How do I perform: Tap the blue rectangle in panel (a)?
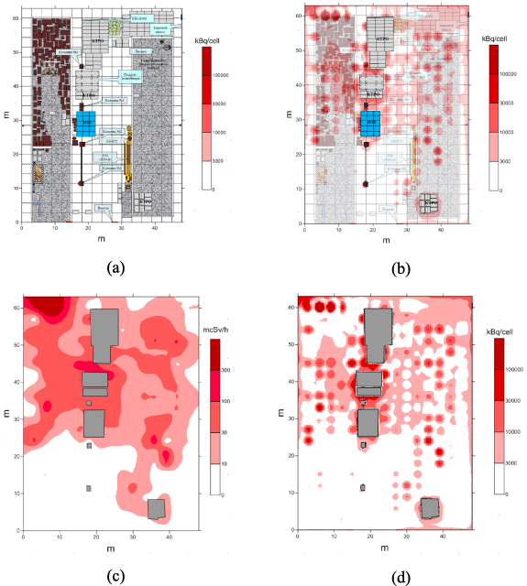(x=86, y=122)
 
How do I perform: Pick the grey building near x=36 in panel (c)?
(x=157, y=509)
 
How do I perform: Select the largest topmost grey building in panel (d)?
(x=378, y=336)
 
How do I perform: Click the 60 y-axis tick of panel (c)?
(x=15, y=308)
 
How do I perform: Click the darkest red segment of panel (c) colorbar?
(x=214, y=354)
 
